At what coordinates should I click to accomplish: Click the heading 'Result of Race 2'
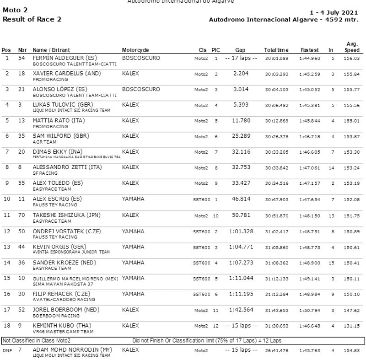pyautogui.click(x=32, y=19)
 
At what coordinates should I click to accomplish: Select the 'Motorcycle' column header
pyautogui.click(x=135, y=50)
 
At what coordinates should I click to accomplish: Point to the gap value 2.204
pyautogui.click(x=241, y=73)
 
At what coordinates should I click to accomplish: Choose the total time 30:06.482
pyautogui.click(x=276, y=105)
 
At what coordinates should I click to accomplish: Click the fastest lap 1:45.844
pyautogui.click(x=310, y=121)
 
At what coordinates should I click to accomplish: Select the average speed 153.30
pyautogui.click(x=352, y=152)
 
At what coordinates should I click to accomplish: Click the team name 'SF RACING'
pyautogui.click(x=45, y=173)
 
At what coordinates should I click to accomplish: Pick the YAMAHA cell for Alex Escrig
pyautogui.click(x=133, y=199)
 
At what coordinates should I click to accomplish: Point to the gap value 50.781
pyautogui.click(x=241, y=215)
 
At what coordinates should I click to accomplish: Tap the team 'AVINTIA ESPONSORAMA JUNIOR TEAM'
pyautogui.click(x=71, y=252)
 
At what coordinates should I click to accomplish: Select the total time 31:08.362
pyautogui.click(x=276, y=263)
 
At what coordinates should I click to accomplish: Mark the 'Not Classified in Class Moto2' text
pyautogui.click(x=37, y=341)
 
